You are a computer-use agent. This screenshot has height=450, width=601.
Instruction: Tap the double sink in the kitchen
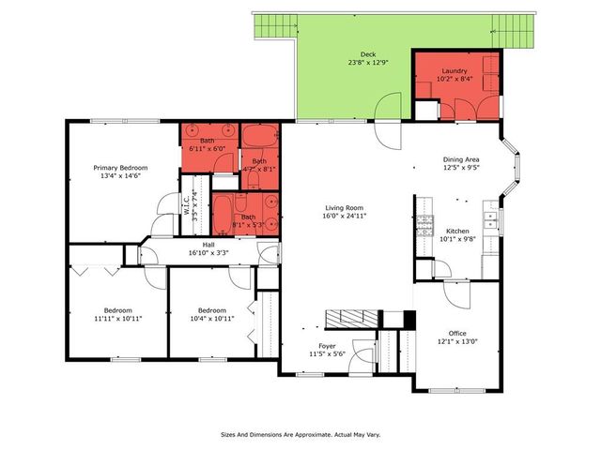click(x=489, y=221)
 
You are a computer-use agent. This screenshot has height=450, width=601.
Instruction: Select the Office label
click(x=457, y=333)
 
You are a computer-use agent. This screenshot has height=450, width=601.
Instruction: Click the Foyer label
click(x=327, y=346)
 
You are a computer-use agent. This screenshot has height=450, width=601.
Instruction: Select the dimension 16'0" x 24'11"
click(x=344, y=217)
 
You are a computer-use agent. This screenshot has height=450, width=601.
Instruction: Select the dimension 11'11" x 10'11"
click(x=117, y=319)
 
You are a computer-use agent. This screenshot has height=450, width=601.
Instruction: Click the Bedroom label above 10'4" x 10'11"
click(x=211, y=310)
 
